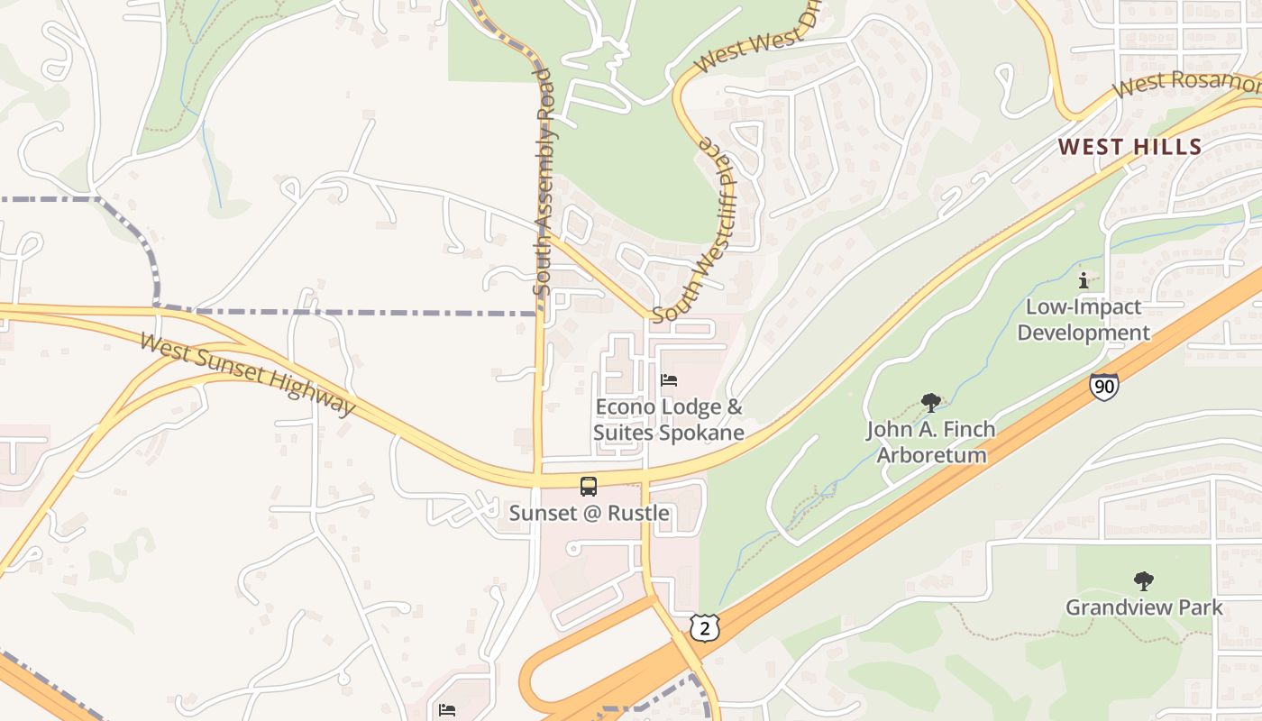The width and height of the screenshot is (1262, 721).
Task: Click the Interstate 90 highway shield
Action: pyautogui.click(x=1103, y=387)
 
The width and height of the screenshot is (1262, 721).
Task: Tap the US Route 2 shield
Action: pyautogui.click(x=705, y=627)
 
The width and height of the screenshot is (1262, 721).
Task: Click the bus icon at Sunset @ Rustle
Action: pyautogui.click(x=588, y=487)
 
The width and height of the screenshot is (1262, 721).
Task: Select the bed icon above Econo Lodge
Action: pyautogui.click(x=669, y=379)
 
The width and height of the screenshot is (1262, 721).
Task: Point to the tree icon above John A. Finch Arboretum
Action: pyautogui.click(x=930, y=403)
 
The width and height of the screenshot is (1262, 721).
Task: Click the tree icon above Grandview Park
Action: pyautogui.click(x=1143, y=580)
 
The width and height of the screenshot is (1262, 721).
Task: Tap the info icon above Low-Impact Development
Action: pyautogui.click(x=1084, y=280)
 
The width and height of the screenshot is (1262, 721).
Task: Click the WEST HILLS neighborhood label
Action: pyautogui.click(x=1129, y=147)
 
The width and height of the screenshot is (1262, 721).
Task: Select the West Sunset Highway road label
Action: pyautogui.click(x=249, y=374)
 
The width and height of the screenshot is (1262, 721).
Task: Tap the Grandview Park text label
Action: pyautogui.click(x=1144, y=607)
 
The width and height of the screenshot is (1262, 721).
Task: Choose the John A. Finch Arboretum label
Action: pyautogui.click(x=931, y=442)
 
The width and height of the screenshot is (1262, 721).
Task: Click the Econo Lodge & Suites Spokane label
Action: pyautogui.click(x=669, y=420)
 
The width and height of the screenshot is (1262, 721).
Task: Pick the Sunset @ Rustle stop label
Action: pyautogui.click(x=589, y=513)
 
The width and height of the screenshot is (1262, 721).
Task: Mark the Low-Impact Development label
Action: pyautogui.click(x=1084, y=320)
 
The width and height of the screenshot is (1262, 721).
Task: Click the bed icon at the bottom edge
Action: pyautogui.click(x=446, y=710)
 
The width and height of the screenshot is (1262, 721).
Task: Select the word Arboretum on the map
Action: pyautogui.click(x=931, y=454)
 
